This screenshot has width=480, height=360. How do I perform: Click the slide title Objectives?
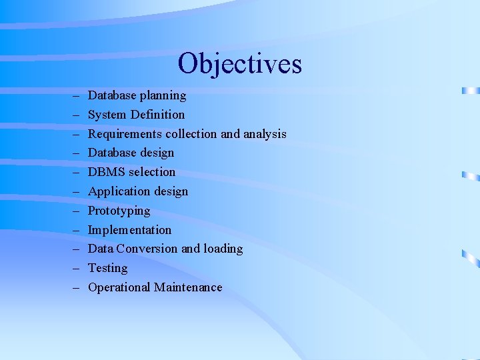point(240,64)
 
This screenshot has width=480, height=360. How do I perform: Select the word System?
point(107,115)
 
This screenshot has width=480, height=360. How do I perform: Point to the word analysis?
point(265,134)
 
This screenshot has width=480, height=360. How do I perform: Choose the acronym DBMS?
point(107,172)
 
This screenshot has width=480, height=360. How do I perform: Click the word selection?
point(152,172)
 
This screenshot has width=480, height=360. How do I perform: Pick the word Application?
point(119,191)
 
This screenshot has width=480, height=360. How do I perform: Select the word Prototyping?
point(119,211)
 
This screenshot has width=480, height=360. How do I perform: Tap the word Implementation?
point(129,230)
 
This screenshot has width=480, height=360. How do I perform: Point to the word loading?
point(223,249)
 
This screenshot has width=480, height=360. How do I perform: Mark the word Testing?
point(107,268)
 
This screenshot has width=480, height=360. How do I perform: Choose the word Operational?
point(119,287)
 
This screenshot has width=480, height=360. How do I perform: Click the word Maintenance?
point(188,287)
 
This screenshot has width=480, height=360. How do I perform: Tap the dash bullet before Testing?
point(76,269)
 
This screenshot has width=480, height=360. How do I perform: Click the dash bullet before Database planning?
point(76,96)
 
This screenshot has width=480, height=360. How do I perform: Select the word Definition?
point(158,115)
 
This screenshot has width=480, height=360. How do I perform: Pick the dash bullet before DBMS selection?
point(76,173)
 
